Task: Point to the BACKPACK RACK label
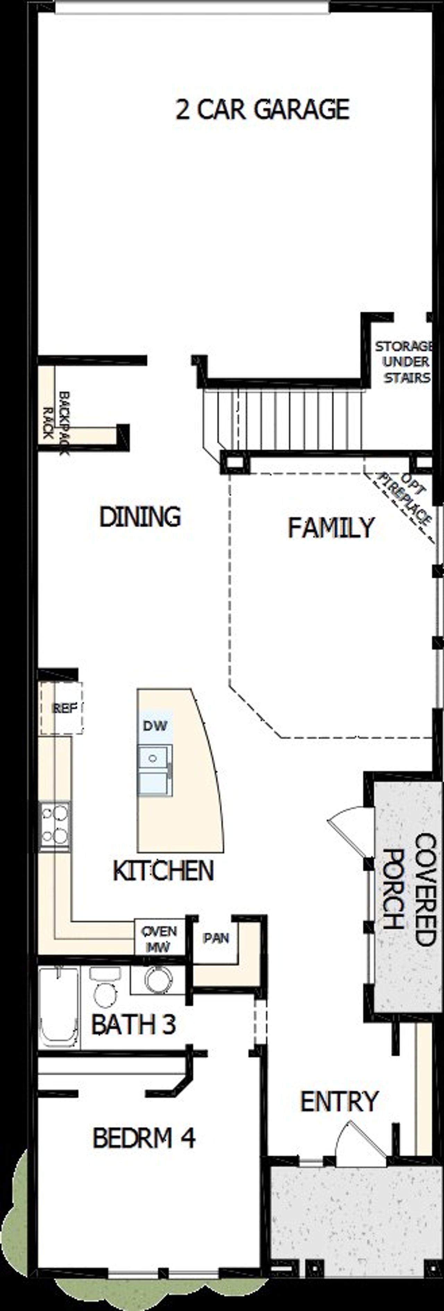56,422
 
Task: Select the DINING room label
140,517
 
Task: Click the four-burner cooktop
55,827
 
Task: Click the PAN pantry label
216,938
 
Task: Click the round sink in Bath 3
156,979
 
